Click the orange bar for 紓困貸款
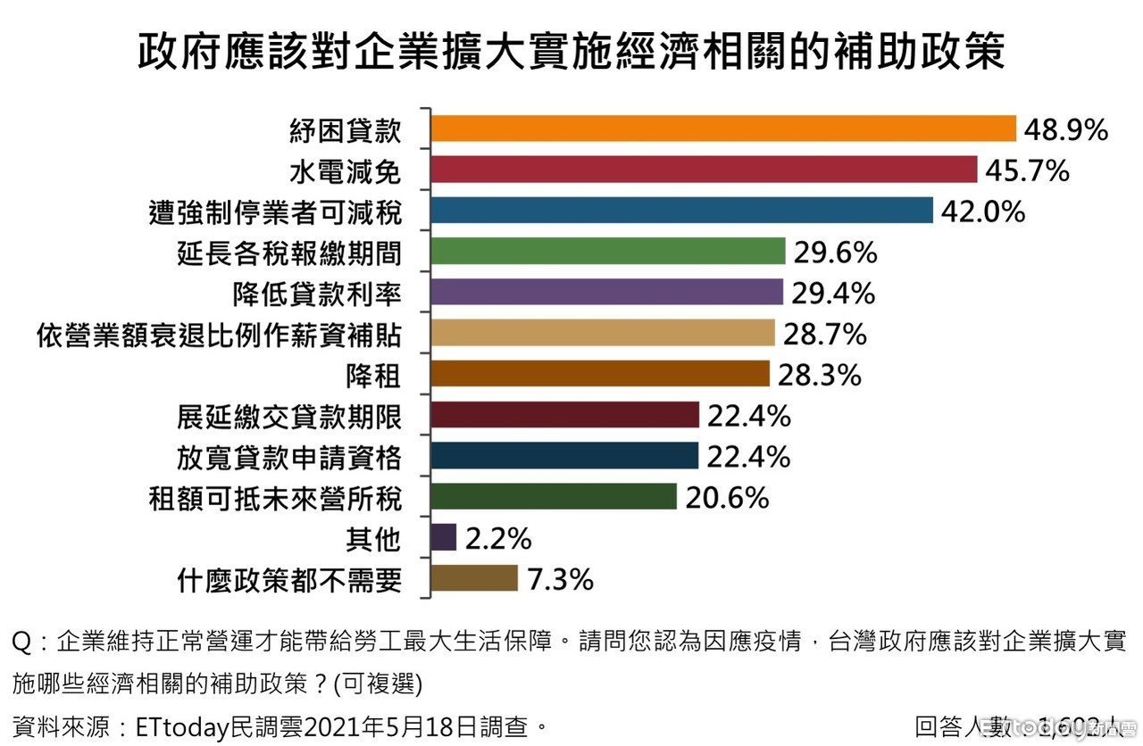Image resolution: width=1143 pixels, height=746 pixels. tap(723, 128)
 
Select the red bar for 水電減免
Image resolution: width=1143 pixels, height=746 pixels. tap(704, 170)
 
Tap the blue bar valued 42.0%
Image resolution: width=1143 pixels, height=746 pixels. tap(681, 211)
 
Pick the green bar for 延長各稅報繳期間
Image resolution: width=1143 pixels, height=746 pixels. tap(607, 252)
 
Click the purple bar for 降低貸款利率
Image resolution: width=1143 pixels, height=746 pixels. tap(606, 293)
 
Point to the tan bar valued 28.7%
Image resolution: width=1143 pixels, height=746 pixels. tap(603, 334)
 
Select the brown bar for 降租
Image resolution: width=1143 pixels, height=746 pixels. tap(600, 374)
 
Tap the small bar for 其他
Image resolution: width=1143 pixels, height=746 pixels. tap(444, 538)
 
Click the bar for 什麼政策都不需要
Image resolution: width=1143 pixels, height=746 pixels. tap(474, 579)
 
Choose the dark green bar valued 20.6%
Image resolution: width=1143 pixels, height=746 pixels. tap(554, 497)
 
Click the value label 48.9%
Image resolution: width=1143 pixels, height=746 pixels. tap(1066, 130)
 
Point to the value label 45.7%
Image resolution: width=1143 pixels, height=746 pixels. tap(1027, 170)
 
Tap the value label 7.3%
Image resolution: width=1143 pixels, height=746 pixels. tap(560, 580)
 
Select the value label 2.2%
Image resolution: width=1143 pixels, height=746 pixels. tap(498, 539)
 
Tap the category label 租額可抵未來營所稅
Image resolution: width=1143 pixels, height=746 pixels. tap(276, 498)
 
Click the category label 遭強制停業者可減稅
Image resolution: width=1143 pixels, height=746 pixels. tap(276, 211)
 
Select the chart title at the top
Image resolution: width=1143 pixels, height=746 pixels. tap(571, 53)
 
